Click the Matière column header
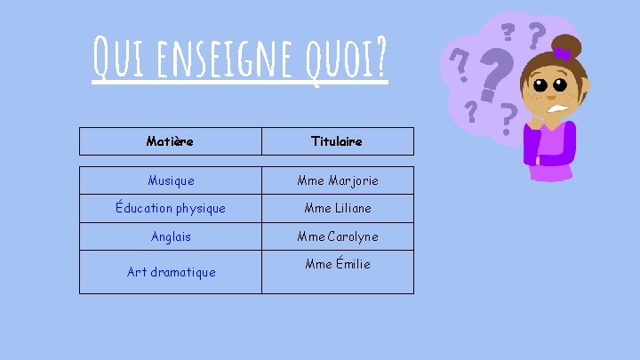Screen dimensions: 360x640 (x=170, y=141)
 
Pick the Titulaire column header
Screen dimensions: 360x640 (x=337, y=141)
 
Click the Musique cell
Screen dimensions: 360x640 (x=171, y=180)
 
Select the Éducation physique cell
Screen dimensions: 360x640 (x=171, y=208)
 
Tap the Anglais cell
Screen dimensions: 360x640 (x=171, y=236)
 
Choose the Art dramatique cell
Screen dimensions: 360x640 (x=171, y=272)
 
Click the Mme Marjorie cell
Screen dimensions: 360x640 (x=337, y=180)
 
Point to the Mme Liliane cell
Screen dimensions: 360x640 (x=337, y=208)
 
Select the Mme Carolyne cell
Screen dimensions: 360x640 (x=337, y=236)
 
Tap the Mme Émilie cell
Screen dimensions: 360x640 (x=337, y=264)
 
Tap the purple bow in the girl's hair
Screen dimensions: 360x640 (x=562, y=55)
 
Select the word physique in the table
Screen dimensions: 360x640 (x=196, y=208)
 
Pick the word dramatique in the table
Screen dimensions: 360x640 (x=183, y=272)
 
